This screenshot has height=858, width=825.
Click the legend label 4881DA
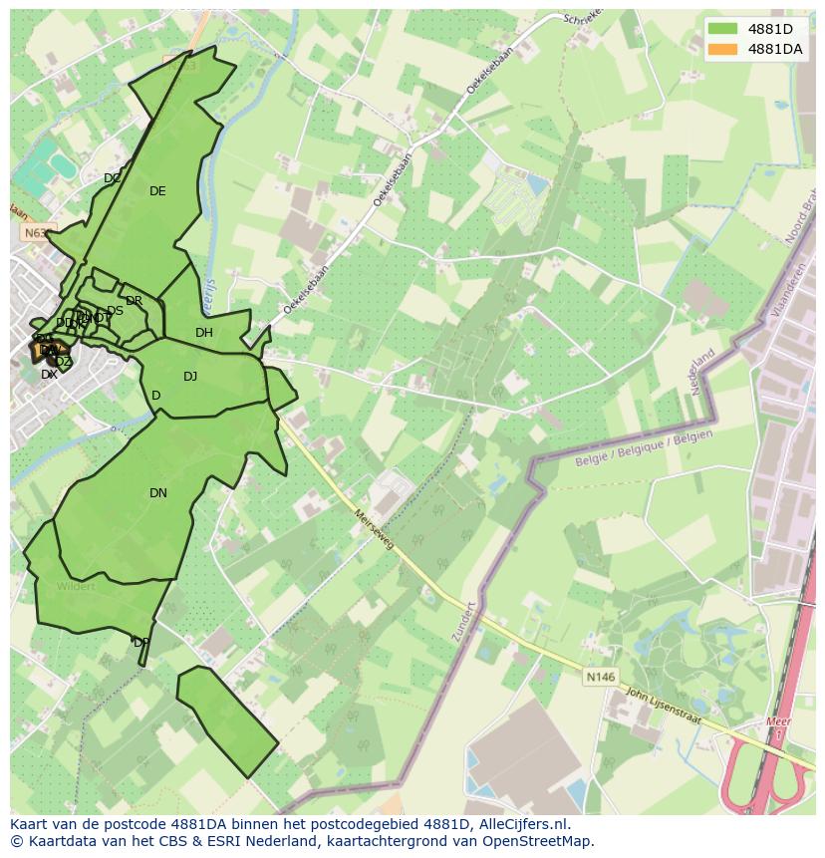click(774, 49)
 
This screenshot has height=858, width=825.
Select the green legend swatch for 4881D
click(723, 30)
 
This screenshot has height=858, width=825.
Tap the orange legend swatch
click(723, 49)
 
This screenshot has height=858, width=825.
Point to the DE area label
click(157, 191)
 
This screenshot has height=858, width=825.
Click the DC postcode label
click(113, 178)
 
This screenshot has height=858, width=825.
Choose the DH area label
click(204, 333)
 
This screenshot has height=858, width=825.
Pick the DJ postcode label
click(190, 377)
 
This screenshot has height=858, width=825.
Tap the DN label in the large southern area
click(158, 493)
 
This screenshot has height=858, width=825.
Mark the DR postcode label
click(135, 301)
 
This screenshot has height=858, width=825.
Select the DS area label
click(115, 311)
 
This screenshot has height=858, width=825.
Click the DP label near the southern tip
click(141, 643)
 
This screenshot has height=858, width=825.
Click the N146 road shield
click(600, 677)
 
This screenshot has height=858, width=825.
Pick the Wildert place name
click(76, 586)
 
